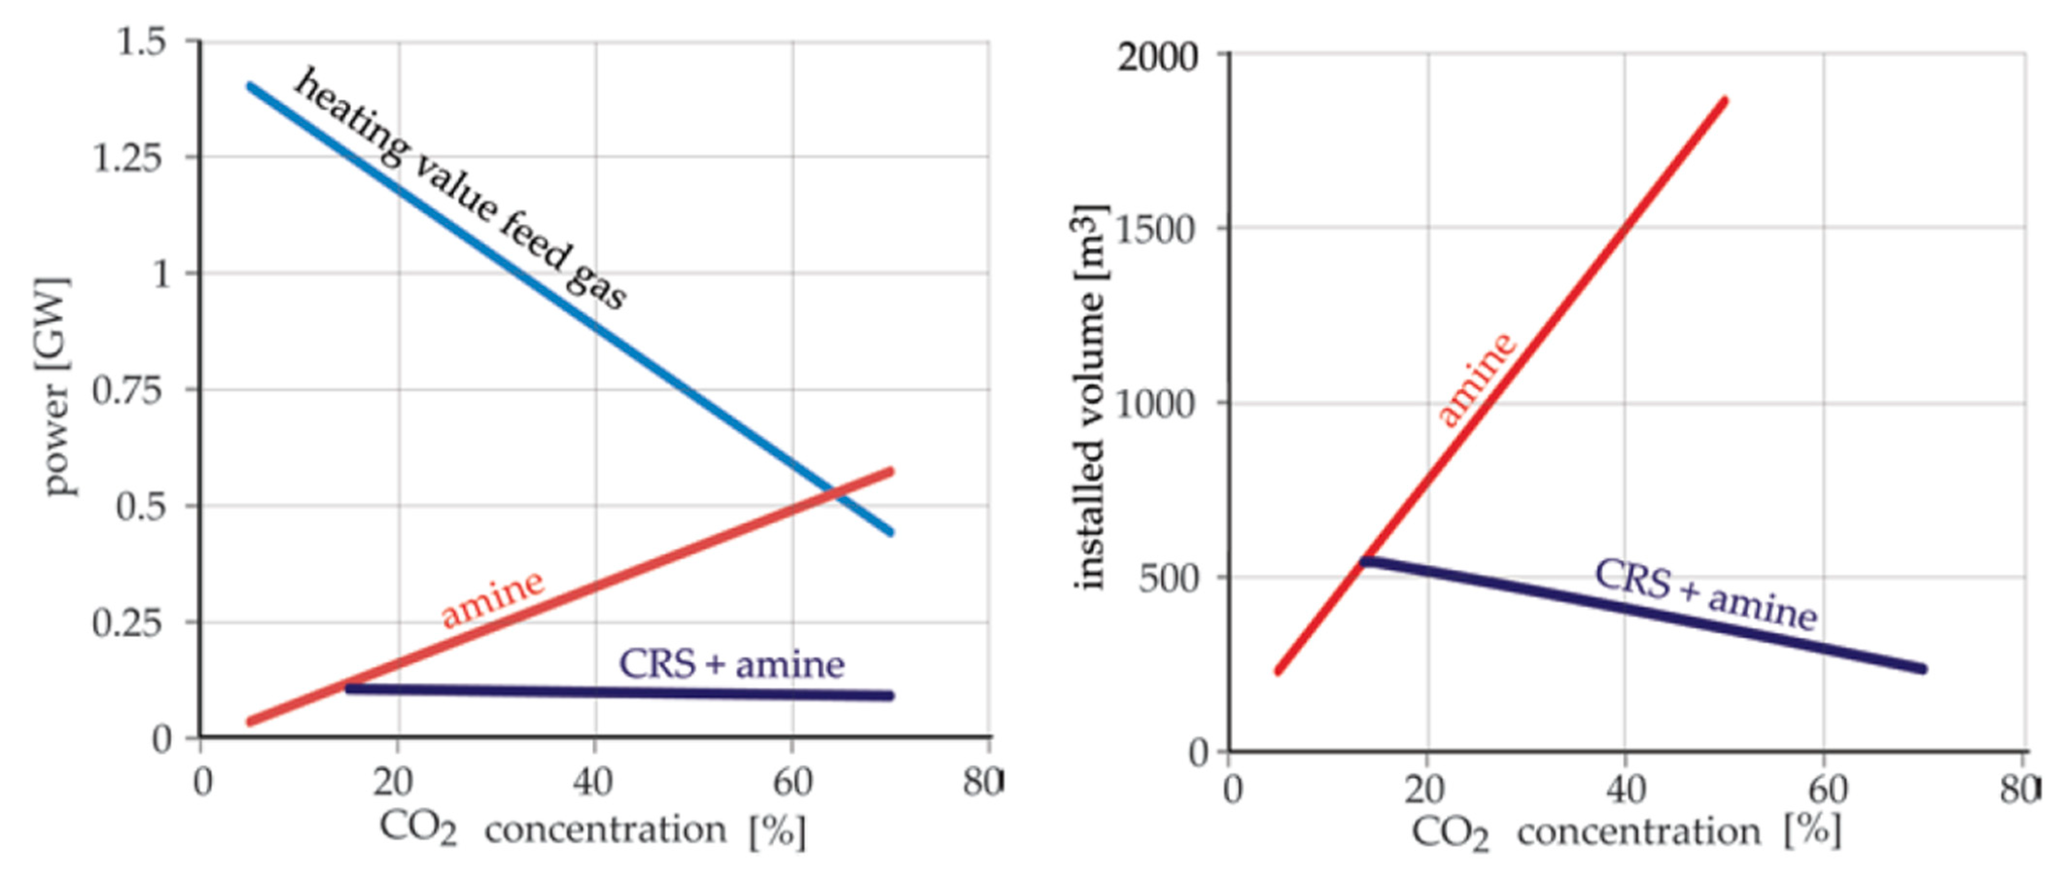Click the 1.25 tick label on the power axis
coord(128,157)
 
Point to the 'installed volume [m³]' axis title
coord(1089,397)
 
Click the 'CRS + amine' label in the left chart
coord(732,664)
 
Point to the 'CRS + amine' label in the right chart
coord(1706,595)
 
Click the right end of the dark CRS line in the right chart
coord(1923,669)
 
